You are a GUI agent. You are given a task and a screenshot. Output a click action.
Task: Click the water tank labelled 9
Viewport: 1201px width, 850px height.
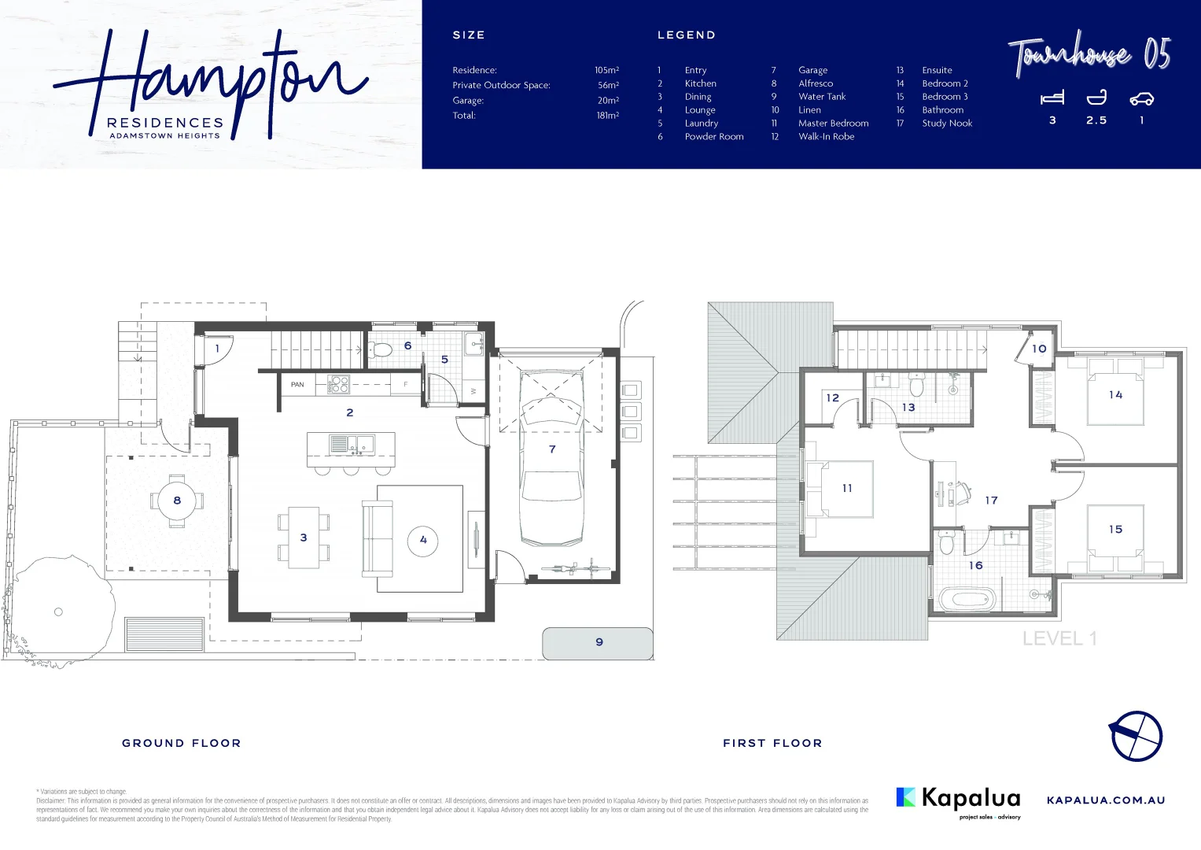pos(598,643)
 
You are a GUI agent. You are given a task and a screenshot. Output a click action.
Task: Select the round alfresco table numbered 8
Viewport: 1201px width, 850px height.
pos(177,501)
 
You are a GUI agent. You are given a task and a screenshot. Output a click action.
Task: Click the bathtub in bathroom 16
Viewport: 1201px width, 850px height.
pos(967,600)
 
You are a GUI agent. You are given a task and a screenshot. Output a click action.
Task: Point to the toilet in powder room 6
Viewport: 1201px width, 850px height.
pos(381,349)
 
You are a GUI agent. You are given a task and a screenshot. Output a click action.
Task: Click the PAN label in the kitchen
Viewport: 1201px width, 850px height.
pos(297,385)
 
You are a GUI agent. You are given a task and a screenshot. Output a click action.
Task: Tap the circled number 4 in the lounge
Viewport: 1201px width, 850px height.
pos(423,540)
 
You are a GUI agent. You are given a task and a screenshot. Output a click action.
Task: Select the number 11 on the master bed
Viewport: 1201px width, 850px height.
pos(847,489)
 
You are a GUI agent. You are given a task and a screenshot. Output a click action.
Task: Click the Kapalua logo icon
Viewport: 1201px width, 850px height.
pos(906,797)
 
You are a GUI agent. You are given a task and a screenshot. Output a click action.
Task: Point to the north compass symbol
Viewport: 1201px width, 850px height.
pos(1136,736)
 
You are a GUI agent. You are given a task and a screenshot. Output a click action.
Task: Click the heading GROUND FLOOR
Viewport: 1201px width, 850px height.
pos(182,743)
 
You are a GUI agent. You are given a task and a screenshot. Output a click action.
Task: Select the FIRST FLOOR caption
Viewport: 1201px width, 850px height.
pos(772,743)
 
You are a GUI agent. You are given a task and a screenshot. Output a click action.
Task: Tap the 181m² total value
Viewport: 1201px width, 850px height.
pos(607,116)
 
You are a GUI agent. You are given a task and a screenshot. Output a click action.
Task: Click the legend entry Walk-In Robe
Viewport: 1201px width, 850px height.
pos(826,137)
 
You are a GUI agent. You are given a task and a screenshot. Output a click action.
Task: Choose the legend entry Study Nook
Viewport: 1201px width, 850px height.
pos(947,124)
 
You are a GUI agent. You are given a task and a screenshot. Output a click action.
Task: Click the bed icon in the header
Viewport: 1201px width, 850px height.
pos(1052,98)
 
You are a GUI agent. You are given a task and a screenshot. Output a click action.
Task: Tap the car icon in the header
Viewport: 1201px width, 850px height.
pos(1141,98)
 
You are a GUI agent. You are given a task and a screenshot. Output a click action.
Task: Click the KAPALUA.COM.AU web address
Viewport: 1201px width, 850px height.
pos(1106,800)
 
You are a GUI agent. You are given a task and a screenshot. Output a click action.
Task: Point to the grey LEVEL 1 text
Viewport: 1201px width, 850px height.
pos(1059,639)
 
